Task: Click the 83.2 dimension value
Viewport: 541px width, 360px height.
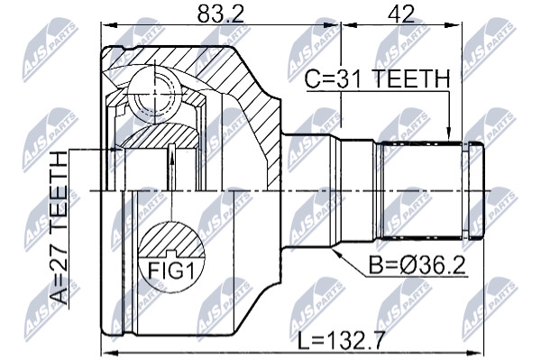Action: coord(221,14)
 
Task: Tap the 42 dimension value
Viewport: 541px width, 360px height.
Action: coord(401,14)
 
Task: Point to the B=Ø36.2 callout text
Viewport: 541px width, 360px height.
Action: coord(417,265)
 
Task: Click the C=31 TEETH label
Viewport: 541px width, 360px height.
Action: coord(377,79)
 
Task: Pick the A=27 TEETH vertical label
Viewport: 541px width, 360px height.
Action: coord(58,227)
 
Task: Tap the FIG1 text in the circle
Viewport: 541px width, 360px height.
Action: coord(171,271)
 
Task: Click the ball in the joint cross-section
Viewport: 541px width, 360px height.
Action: coord(154,94)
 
